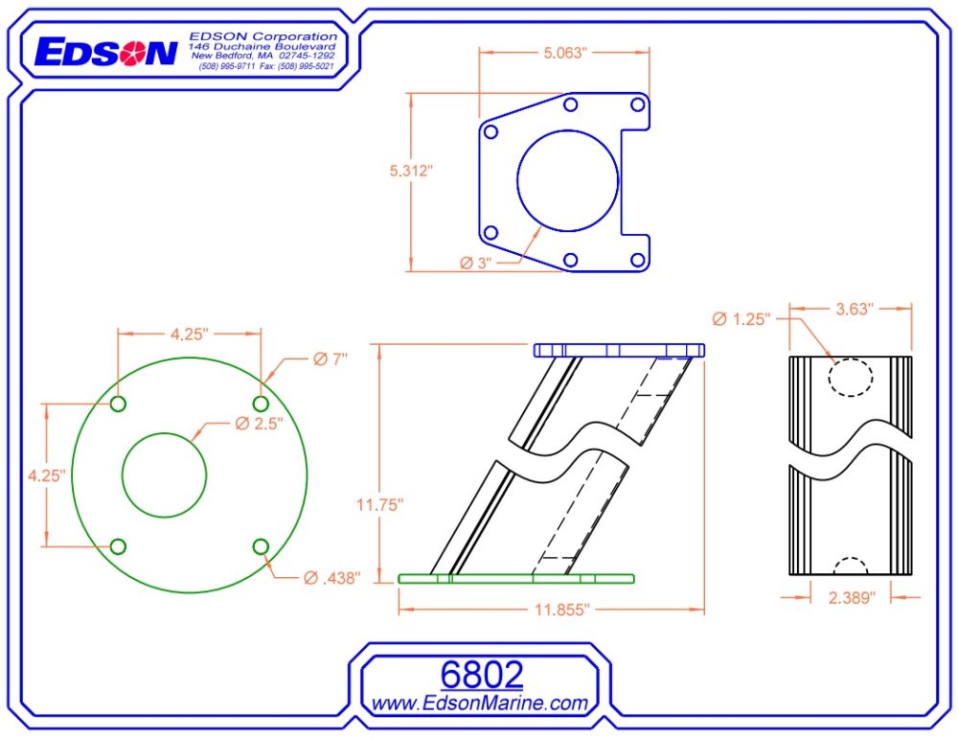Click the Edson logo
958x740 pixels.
[104, 52]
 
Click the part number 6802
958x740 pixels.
[481, 674]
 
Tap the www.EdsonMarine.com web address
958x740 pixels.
[479, 704]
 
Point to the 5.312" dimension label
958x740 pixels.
[411, 170]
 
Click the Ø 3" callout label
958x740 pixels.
[475, 263]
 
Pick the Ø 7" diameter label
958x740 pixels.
[331, 358]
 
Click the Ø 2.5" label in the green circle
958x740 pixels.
[259, 424]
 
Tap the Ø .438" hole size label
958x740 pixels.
[331, 578]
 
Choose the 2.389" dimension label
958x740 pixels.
[852, 597]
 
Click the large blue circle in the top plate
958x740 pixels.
[567, 179]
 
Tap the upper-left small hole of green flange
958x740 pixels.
[118, 404]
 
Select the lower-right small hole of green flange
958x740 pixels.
[261, 546]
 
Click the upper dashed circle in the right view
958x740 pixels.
[851, 377]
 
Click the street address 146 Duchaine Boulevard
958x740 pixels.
[262, 46]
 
